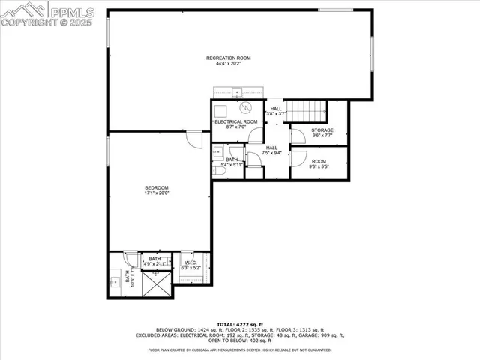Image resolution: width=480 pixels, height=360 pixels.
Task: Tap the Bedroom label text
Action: click(157, 187)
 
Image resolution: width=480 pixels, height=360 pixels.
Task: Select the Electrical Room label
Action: click(236, 121)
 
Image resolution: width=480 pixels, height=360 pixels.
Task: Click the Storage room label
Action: click(322, 130)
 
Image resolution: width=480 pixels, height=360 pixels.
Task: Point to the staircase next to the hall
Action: click(307, 111)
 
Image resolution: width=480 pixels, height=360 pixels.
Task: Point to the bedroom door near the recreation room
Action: click(194, 139)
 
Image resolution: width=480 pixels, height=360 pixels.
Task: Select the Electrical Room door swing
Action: click(256, 136)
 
